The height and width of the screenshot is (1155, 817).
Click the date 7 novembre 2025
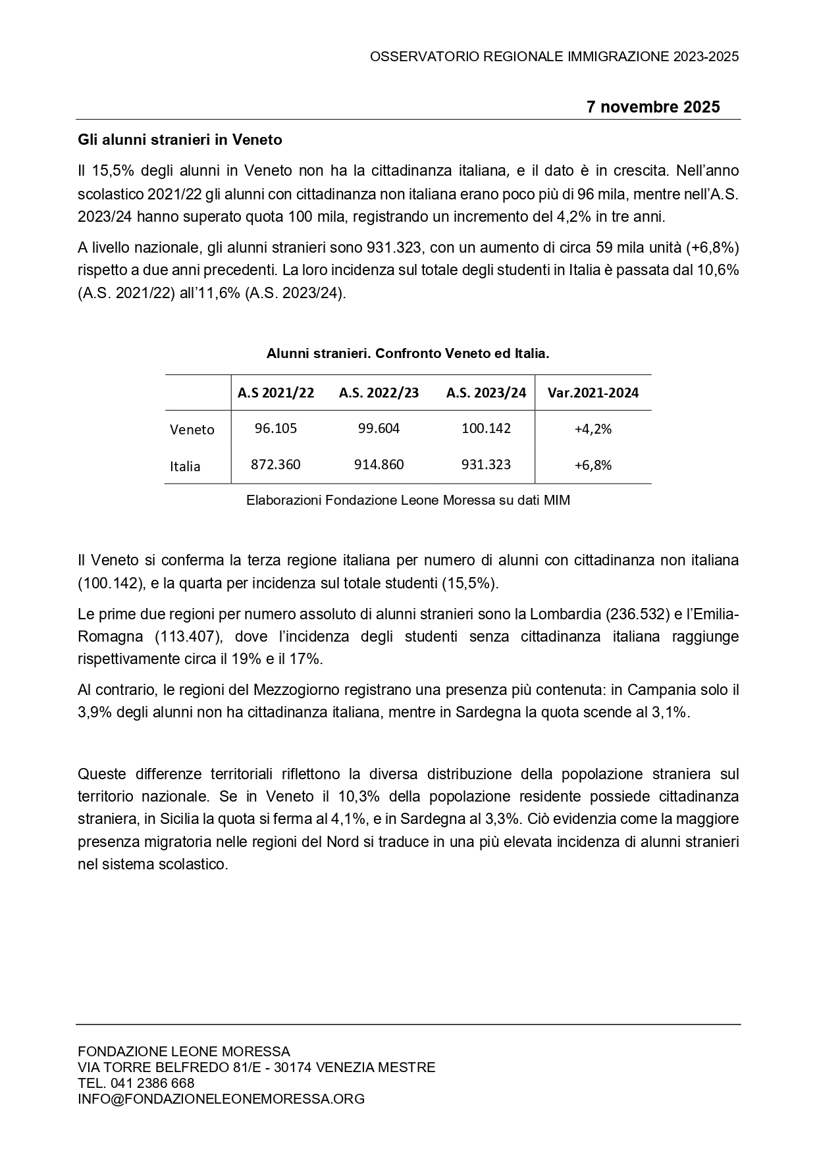653,107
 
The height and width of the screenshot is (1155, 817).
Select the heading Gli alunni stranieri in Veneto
180,140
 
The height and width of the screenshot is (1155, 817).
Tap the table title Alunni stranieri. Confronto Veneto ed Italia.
408,353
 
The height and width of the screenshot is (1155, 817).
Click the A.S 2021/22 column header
276,393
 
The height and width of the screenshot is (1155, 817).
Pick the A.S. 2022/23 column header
379,393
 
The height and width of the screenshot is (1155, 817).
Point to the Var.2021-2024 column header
593,393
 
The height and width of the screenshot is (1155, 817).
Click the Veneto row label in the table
192,430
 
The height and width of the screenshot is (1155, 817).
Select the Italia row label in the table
185,467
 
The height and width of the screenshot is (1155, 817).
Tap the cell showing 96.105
276,428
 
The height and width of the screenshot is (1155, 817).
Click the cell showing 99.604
379,428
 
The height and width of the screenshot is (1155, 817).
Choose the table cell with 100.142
486,428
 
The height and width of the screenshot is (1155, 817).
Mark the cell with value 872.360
276,465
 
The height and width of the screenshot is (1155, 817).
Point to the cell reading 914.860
379,465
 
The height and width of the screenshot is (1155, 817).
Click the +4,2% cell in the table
593,429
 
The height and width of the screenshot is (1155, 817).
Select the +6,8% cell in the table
593,465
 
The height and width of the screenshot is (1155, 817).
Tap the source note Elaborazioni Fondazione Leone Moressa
408,500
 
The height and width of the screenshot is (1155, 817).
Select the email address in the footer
221,1098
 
